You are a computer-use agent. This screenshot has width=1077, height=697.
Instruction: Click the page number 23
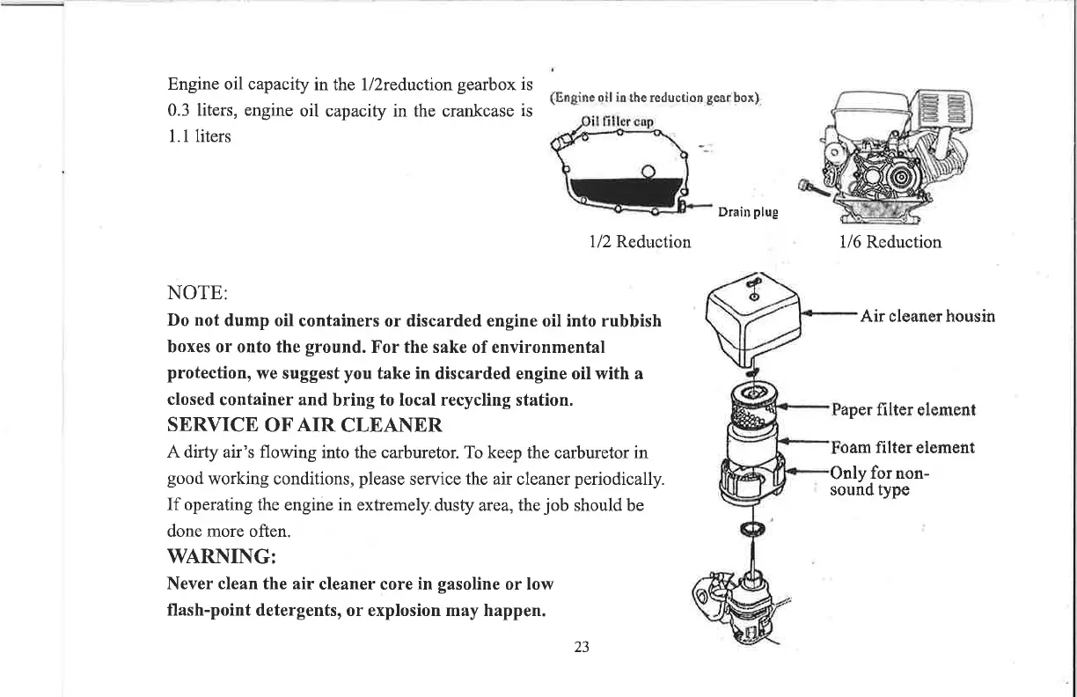coord(581,648)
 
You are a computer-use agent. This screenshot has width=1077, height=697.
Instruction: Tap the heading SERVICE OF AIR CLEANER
coord(304,425)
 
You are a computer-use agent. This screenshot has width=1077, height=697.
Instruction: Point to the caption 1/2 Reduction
coord(640,241)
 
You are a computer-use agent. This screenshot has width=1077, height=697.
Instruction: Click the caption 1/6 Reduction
coord(890,241)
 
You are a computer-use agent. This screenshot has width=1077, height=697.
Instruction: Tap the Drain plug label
coord(748,212)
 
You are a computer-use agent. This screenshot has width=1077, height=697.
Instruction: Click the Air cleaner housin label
coord(927,315)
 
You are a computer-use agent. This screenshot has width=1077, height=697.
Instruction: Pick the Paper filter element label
coord(903,409)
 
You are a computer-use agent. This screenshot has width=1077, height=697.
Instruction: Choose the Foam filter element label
coord(902,447)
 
